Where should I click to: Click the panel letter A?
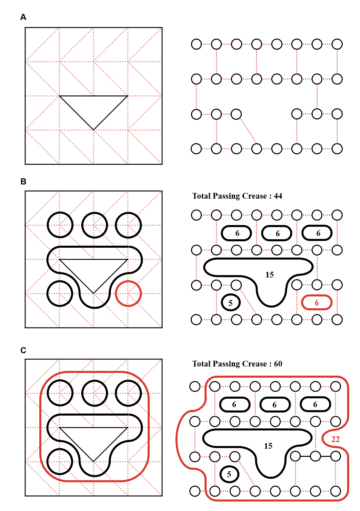(x=23, y=17)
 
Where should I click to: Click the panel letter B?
(x=23, y=181)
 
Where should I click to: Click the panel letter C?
(x=23, y=350)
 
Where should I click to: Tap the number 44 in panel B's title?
(x=278, y=196)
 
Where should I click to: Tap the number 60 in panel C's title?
(x=278, y=364)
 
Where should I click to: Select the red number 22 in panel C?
(x=335, y=439)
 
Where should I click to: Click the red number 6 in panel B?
(x=317, y=303)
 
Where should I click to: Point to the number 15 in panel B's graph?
(x=269, y=275)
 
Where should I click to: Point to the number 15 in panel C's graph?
(x=268, y=446)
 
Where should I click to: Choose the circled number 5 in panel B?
(x=230, y=303)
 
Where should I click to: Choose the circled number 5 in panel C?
(x=229, y=474)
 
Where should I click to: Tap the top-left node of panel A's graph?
(x=196, y=44)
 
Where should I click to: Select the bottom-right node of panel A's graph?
(x=337, y=149)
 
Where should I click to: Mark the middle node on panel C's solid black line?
(x=315, y=456)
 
